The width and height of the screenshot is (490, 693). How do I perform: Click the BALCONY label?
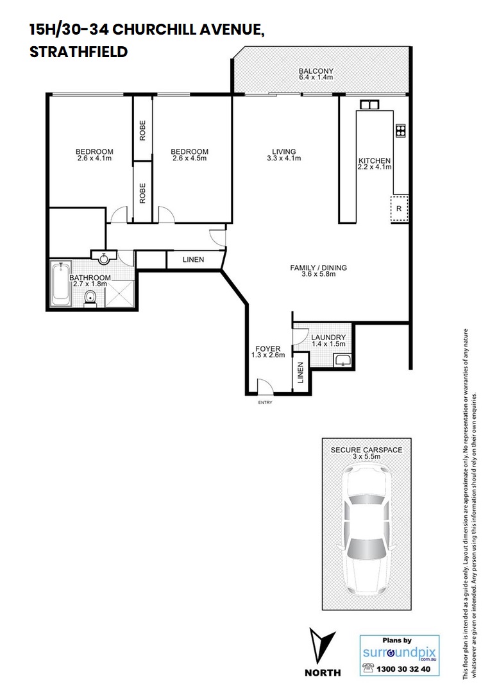pos(316,71)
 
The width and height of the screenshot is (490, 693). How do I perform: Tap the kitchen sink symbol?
pos(369,105)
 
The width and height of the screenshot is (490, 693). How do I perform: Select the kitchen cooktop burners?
pos(400,130)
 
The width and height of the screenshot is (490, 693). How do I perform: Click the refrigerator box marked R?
pos(400,209)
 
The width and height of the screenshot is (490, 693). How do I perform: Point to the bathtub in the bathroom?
pos(61,284)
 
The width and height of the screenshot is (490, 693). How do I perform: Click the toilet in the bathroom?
pos(90,298)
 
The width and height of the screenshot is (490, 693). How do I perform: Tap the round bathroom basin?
pos(104,258)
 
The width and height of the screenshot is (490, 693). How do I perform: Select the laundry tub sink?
pos(342,360)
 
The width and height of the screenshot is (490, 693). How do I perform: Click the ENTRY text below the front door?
pos(266,402)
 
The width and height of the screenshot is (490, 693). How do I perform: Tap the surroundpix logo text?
pos(400,653)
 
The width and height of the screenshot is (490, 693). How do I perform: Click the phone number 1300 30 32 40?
pos(403,669)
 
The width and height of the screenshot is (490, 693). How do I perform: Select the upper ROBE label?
pos(142,130)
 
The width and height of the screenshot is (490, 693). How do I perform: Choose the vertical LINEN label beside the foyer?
pos(300,373)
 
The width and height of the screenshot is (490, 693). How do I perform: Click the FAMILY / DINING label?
pos(318,268)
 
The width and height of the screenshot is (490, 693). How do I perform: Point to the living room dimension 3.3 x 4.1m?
pos(283,158)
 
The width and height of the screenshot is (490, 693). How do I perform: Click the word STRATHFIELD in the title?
pos(79,52)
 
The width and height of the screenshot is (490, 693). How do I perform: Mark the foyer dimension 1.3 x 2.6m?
pos(267,355)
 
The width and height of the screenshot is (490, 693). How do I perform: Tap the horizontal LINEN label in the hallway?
pos(193,259)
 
